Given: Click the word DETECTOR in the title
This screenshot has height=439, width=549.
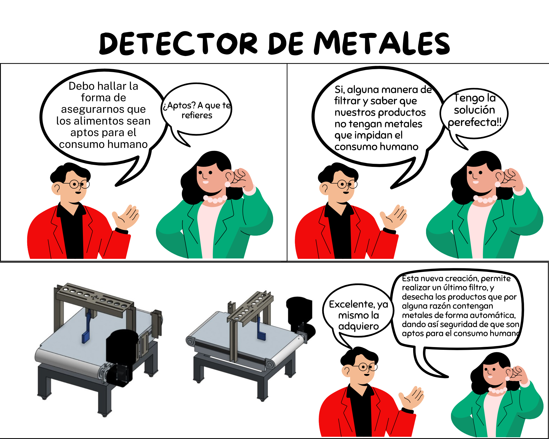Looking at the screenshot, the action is [179, 43].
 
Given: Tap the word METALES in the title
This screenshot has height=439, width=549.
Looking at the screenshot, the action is [382, 43].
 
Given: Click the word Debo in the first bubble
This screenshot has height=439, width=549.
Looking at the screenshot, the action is [82, 86].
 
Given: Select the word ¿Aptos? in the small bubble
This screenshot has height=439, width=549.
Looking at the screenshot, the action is [179, 106].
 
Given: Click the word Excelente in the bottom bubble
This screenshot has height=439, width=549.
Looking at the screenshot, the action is [352, 304].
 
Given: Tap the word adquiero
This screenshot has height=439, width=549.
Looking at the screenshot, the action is [358, 327].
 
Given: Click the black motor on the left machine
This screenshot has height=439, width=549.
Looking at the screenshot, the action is [121, 357].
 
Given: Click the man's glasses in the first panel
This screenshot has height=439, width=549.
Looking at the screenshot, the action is [77, 184].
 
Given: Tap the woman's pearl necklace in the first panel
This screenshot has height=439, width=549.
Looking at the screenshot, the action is [215, 199].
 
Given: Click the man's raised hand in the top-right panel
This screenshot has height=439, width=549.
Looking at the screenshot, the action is [393, 216].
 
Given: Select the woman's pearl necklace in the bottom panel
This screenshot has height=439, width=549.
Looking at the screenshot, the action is [497, 390].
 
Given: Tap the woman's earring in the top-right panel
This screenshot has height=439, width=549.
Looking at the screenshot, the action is [497, 184].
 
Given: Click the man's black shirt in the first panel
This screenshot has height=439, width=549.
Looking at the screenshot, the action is [72, 230].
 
